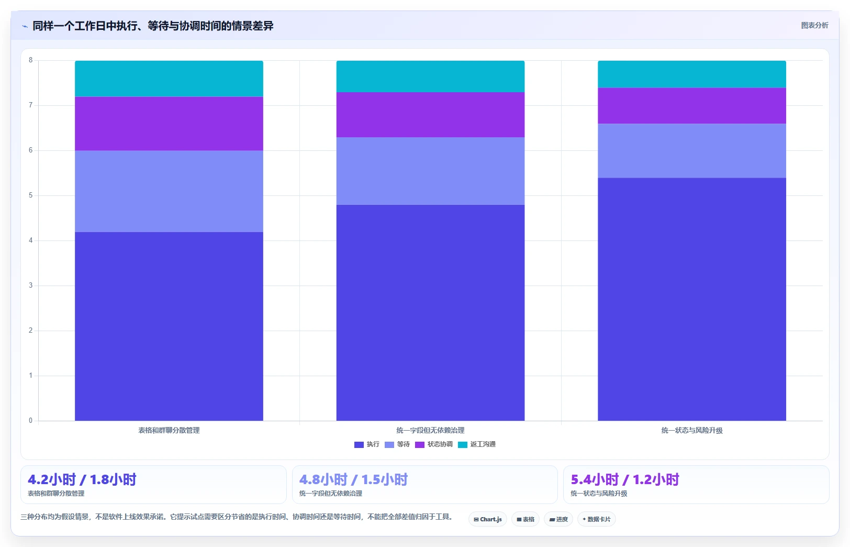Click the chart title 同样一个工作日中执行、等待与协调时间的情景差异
153,26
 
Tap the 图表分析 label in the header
814,26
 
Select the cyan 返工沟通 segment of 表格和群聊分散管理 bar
169,79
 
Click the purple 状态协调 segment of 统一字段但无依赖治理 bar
430,115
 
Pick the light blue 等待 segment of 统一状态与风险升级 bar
692,151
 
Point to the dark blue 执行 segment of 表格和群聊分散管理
169,326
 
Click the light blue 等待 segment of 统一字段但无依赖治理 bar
430,171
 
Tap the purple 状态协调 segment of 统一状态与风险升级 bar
692,106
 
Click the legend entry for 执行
366,444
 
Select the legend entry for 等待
397,444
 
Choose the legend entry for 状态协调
434,444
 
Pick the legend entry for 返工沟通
477,444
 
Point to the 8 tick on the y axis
31,60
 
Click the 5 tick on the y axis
31,195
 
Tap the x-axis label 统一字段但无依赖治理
430,430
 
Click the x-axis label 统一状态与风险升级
692,430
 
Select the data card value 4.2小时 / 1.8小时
82,480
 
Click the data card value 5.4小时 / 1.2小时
625,480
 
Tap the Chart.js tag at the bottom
488,519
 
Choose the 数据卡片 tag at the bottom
596,519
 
